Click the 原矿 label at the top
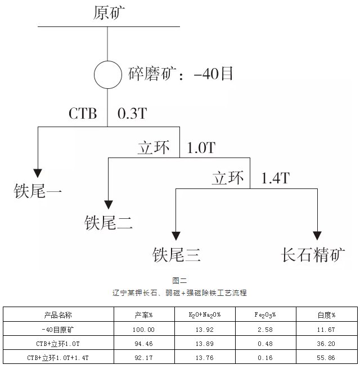pyautogui.click(x=109, y=12)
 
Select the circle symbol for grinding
pyautogui.click(x=107, y=74)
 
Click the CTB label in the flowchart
pyautogui.click(x=82, y=114)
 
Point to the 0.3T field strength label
pyautogui.click(x=132, y=114)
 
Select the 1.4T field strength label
pyautogui.click(x=275, y=179)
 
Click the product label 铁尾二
pyautogui.click(x=109, y=223)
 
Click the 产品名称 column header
pyautogui.click(x=58, y=315)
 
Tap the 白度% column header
pyautogui.click(x=326, y=315)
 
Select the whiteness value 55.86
pyautogui.click(x=326, y=357)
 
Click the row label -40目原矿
pyautogui.click(x=58, y=329)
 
